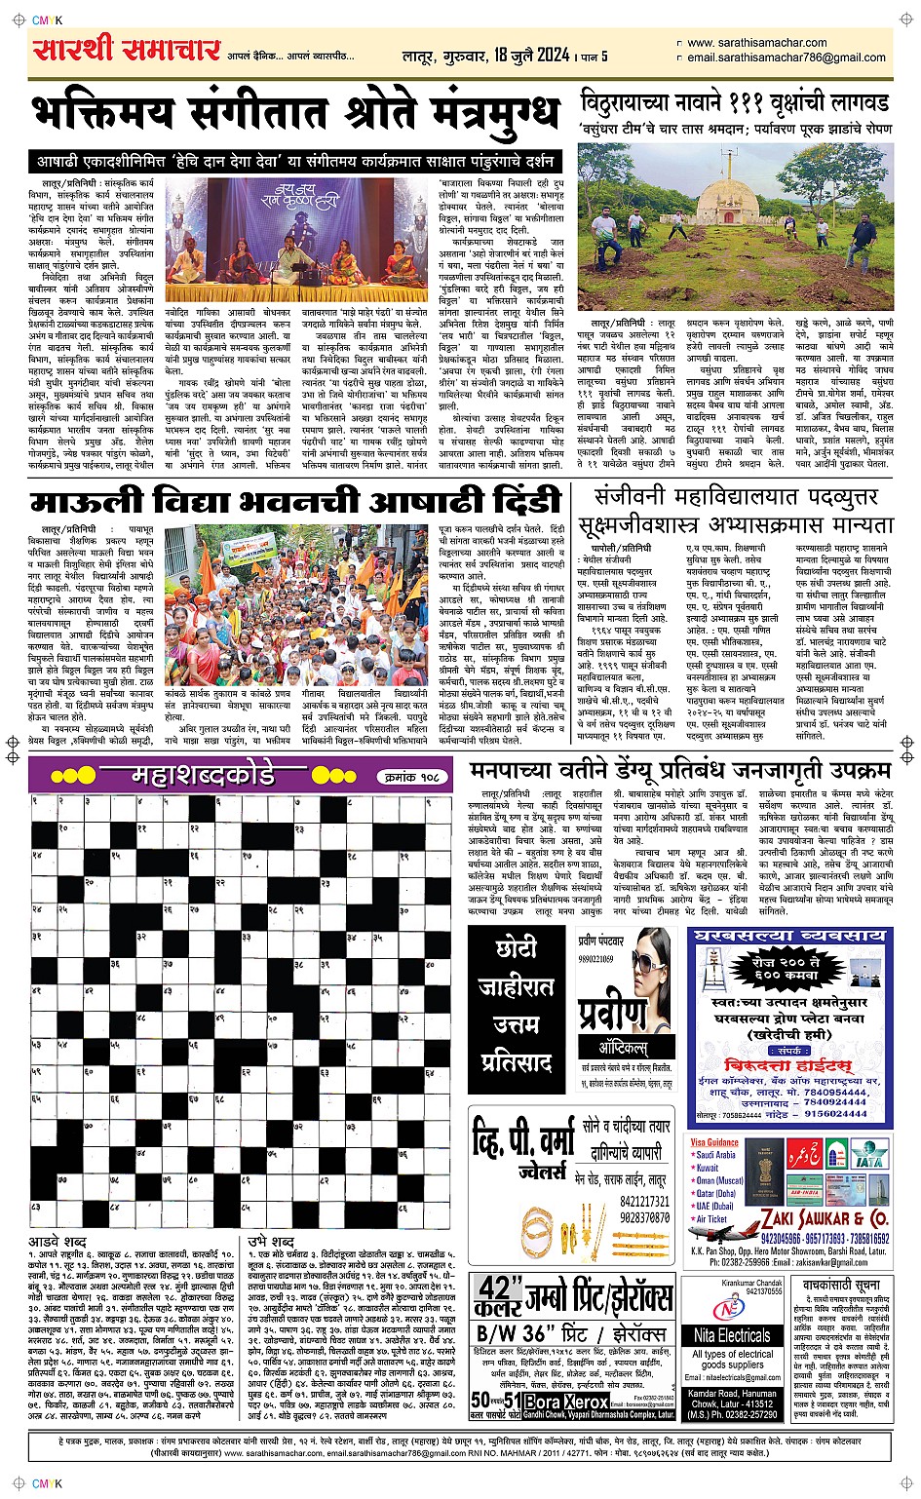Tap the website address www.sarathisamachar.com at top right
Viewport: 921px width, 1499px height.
(x=756, y=43)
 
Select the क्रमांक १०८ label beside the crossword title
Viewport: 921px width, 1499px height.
(x=414, y=777)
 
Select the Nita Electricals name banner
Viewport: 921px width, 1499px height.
(x=732, y=1334)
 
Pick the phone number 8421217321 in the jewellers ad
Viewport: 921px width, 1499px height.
(x=644, y=1202)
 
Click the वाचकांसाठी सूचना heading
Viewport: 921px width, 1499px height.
(x=840, y=1286)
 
